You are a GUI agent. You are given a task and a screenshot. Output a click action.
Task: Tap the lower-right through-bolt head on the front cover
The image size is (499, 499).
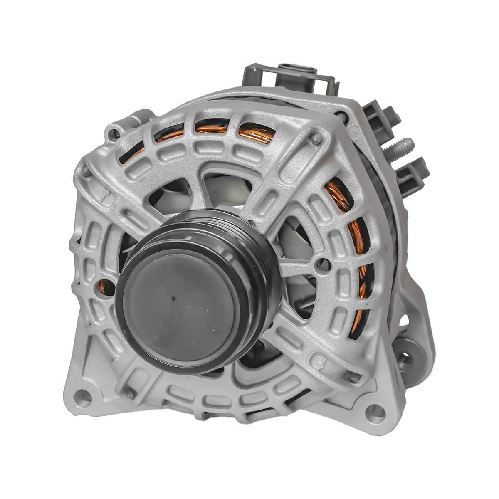pyautogui.click(x=353, y=377)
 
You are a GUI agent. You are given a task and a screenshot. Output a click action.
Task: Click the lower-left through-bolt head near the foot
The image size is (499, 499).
pyautogui.click(x=129, y=393)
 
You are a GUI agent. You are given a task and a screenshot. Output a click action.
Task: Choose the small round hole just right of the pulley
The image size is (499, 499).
pyautogui.click(x=322, y=262)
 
